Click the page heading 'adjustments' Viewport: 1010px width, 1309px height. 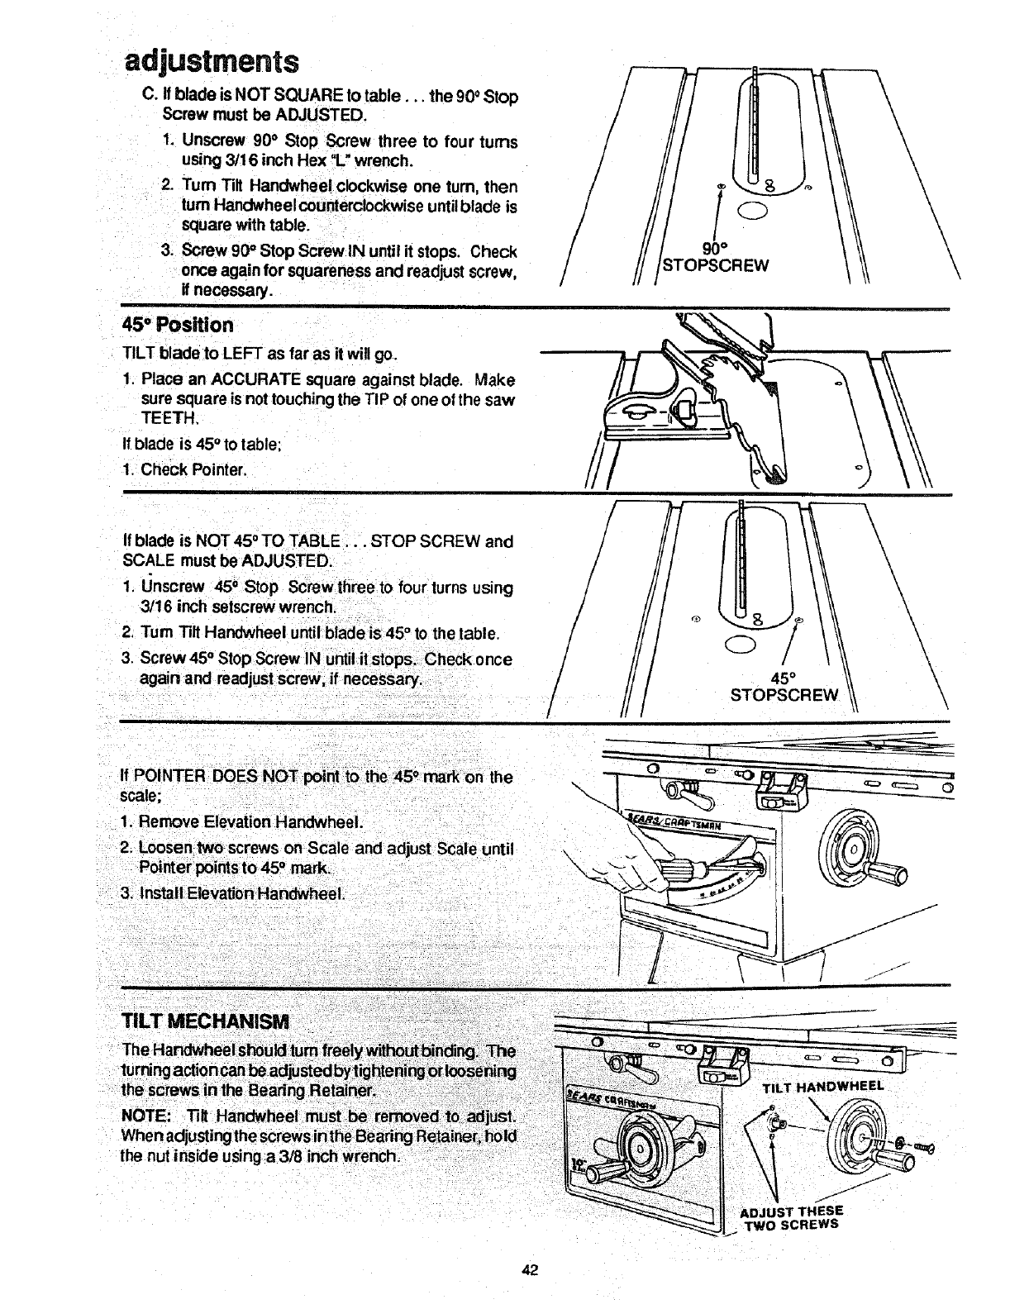(x=211, y=60)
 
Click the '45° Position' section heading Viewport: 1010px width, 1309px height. (x=178, y=324)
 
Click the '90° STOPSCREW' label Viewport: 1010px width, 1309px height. (x=716, y=257)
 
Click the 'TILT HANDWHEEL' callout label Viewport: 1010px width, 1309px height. (x=823, y=1085)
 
